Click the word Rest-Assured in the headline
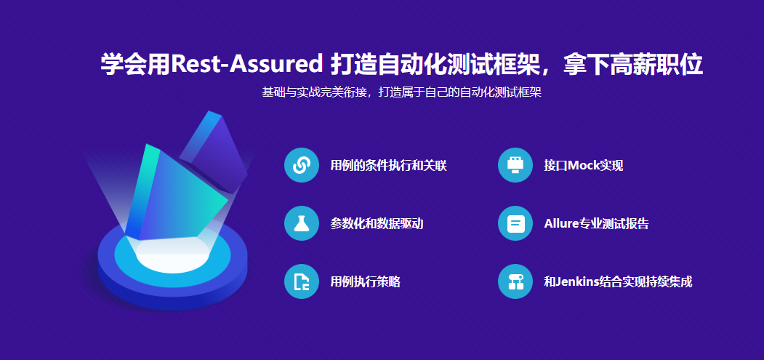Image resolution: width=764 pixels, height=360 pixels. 247,65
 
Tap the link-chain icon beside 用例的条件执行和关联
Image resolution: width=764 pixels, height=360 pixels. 302,165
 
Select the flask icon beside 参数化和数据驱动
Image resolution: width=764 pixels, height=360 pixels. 302,223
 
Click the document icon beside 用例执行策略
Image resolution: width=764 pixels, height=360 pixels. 302,281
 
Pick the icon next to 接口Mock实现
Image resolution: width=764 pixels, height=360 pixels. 515,165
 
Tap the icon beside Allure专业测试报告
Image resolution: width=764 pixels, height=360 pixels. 515,223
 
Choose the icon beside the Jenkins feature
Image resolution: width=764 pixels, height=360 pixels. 515,281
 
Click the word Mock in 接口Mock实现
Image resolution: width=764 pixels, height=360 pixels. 583,166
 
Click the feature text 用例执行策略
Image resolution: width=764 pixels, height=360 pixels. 366,282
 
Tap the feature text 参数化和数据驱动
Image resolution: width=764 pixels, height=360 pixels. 377,224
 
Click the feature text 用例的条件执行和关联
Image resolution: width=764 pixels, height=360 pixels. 388,166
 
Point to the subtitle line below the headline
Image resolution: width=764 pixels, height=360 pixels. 401,92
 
